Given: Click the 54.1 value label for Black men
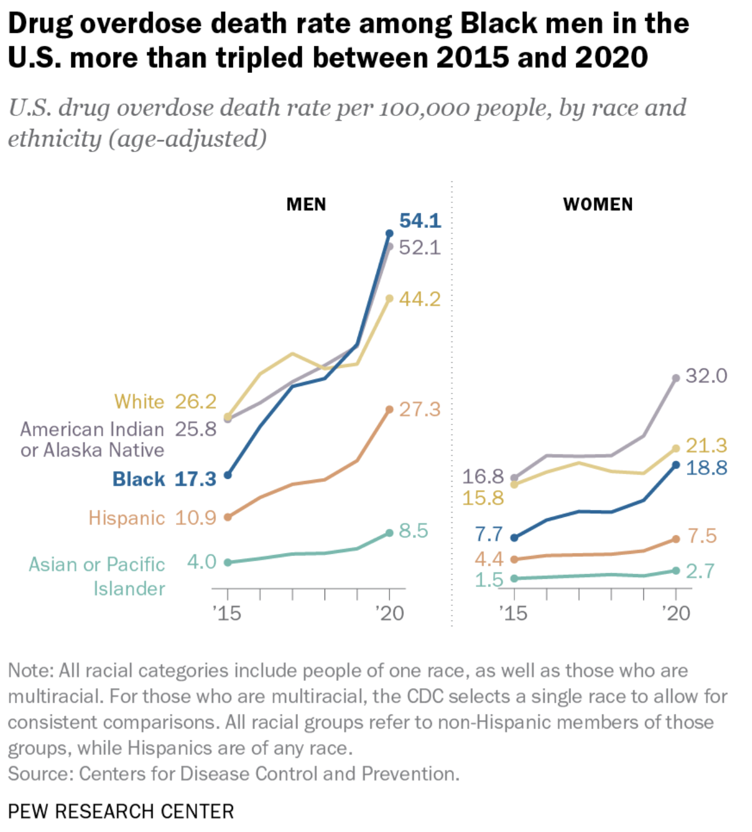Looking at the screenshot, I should point(420,220).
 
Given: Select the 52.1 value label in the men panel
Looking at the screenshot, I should point(420,247).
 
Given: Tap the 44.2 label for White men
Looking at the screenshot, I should point(420,298).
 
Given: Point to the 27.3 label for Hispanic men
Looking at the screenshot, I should point(420,409).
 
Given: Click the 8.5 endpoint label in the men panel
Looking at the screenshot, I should point(413,531).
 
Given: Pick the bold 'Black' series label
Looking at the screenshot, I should point(139,479).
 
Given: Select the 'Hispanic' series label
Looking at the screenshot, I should point(127,518).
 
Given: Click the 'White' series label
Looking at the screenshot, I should point(139,401).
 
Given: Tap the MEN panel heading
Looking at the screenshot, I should point(306,204).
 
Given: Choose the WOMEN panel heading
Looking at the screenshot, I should point(598,204).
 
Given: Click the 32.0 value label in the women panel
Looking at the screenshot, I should point(706,375).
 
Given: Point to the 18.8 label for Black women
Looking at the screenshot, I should point(706,468).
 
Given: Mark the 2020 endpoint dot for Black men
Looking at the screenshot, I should point(389,233).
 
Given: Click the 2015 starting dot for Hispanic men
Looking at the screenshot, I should point(228,517).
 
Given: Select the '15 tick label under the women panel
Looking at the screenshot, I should point(513,613).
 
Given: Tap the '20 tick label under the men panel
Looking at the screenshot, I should point(390,613).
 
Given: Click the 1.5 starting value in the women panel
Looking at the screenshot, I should point(489,580).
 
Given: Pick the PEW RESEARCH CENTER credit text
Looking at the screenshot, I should point(121,811).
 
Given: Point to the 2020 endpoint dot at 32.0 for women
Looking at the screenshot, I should point(676,378).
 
